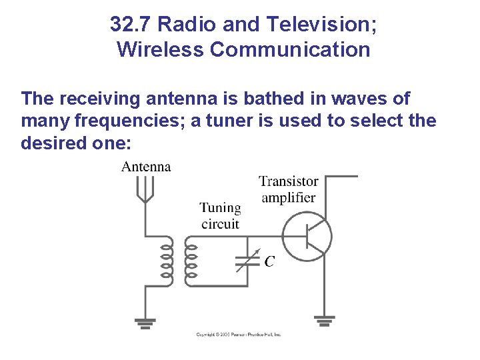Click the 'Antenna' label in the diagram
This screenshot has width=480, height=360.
146,167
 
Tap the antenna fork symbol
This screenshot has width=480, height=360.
145,189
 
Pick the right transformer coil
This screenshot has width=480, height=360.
190,261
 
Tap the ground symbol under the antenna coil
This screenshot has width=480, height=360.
145,323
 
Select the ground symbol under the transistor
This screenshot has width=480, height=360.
325,322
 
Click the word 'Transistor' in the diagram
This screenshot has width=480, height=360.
289,181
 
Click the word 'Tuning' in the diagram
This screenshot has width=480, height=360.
220,208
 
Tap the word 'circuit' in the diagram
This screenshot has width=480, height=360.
220,224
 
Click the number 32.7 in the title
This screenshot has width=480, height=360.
131,25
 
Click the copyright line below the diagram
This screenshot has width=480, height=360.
239,334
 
